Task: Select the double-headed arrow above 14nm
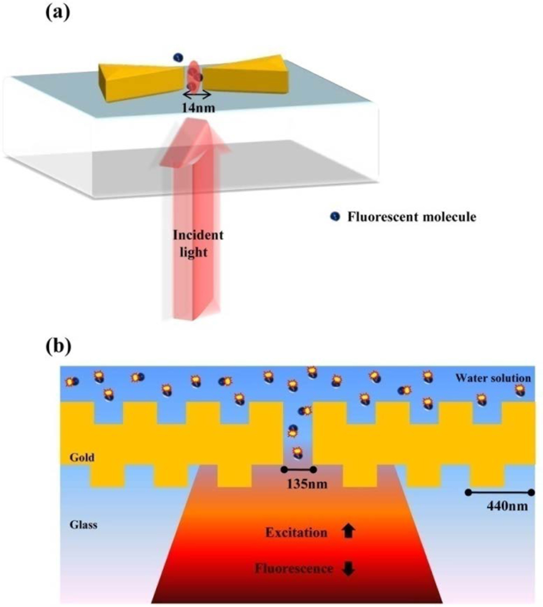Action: point(198,95)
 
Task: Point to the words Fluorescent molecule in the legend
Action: point(412,216)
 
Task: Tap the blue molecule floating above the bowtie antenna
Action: point(178,58)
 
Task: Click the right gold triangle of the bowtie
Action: point(245,76)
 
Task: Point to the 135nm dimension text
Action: point(299,485)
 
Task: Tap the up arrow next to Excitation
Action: point(349,532)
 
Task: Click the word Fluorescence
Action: point(294,569)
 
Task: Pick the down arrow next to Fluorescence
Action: point(349,569)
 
